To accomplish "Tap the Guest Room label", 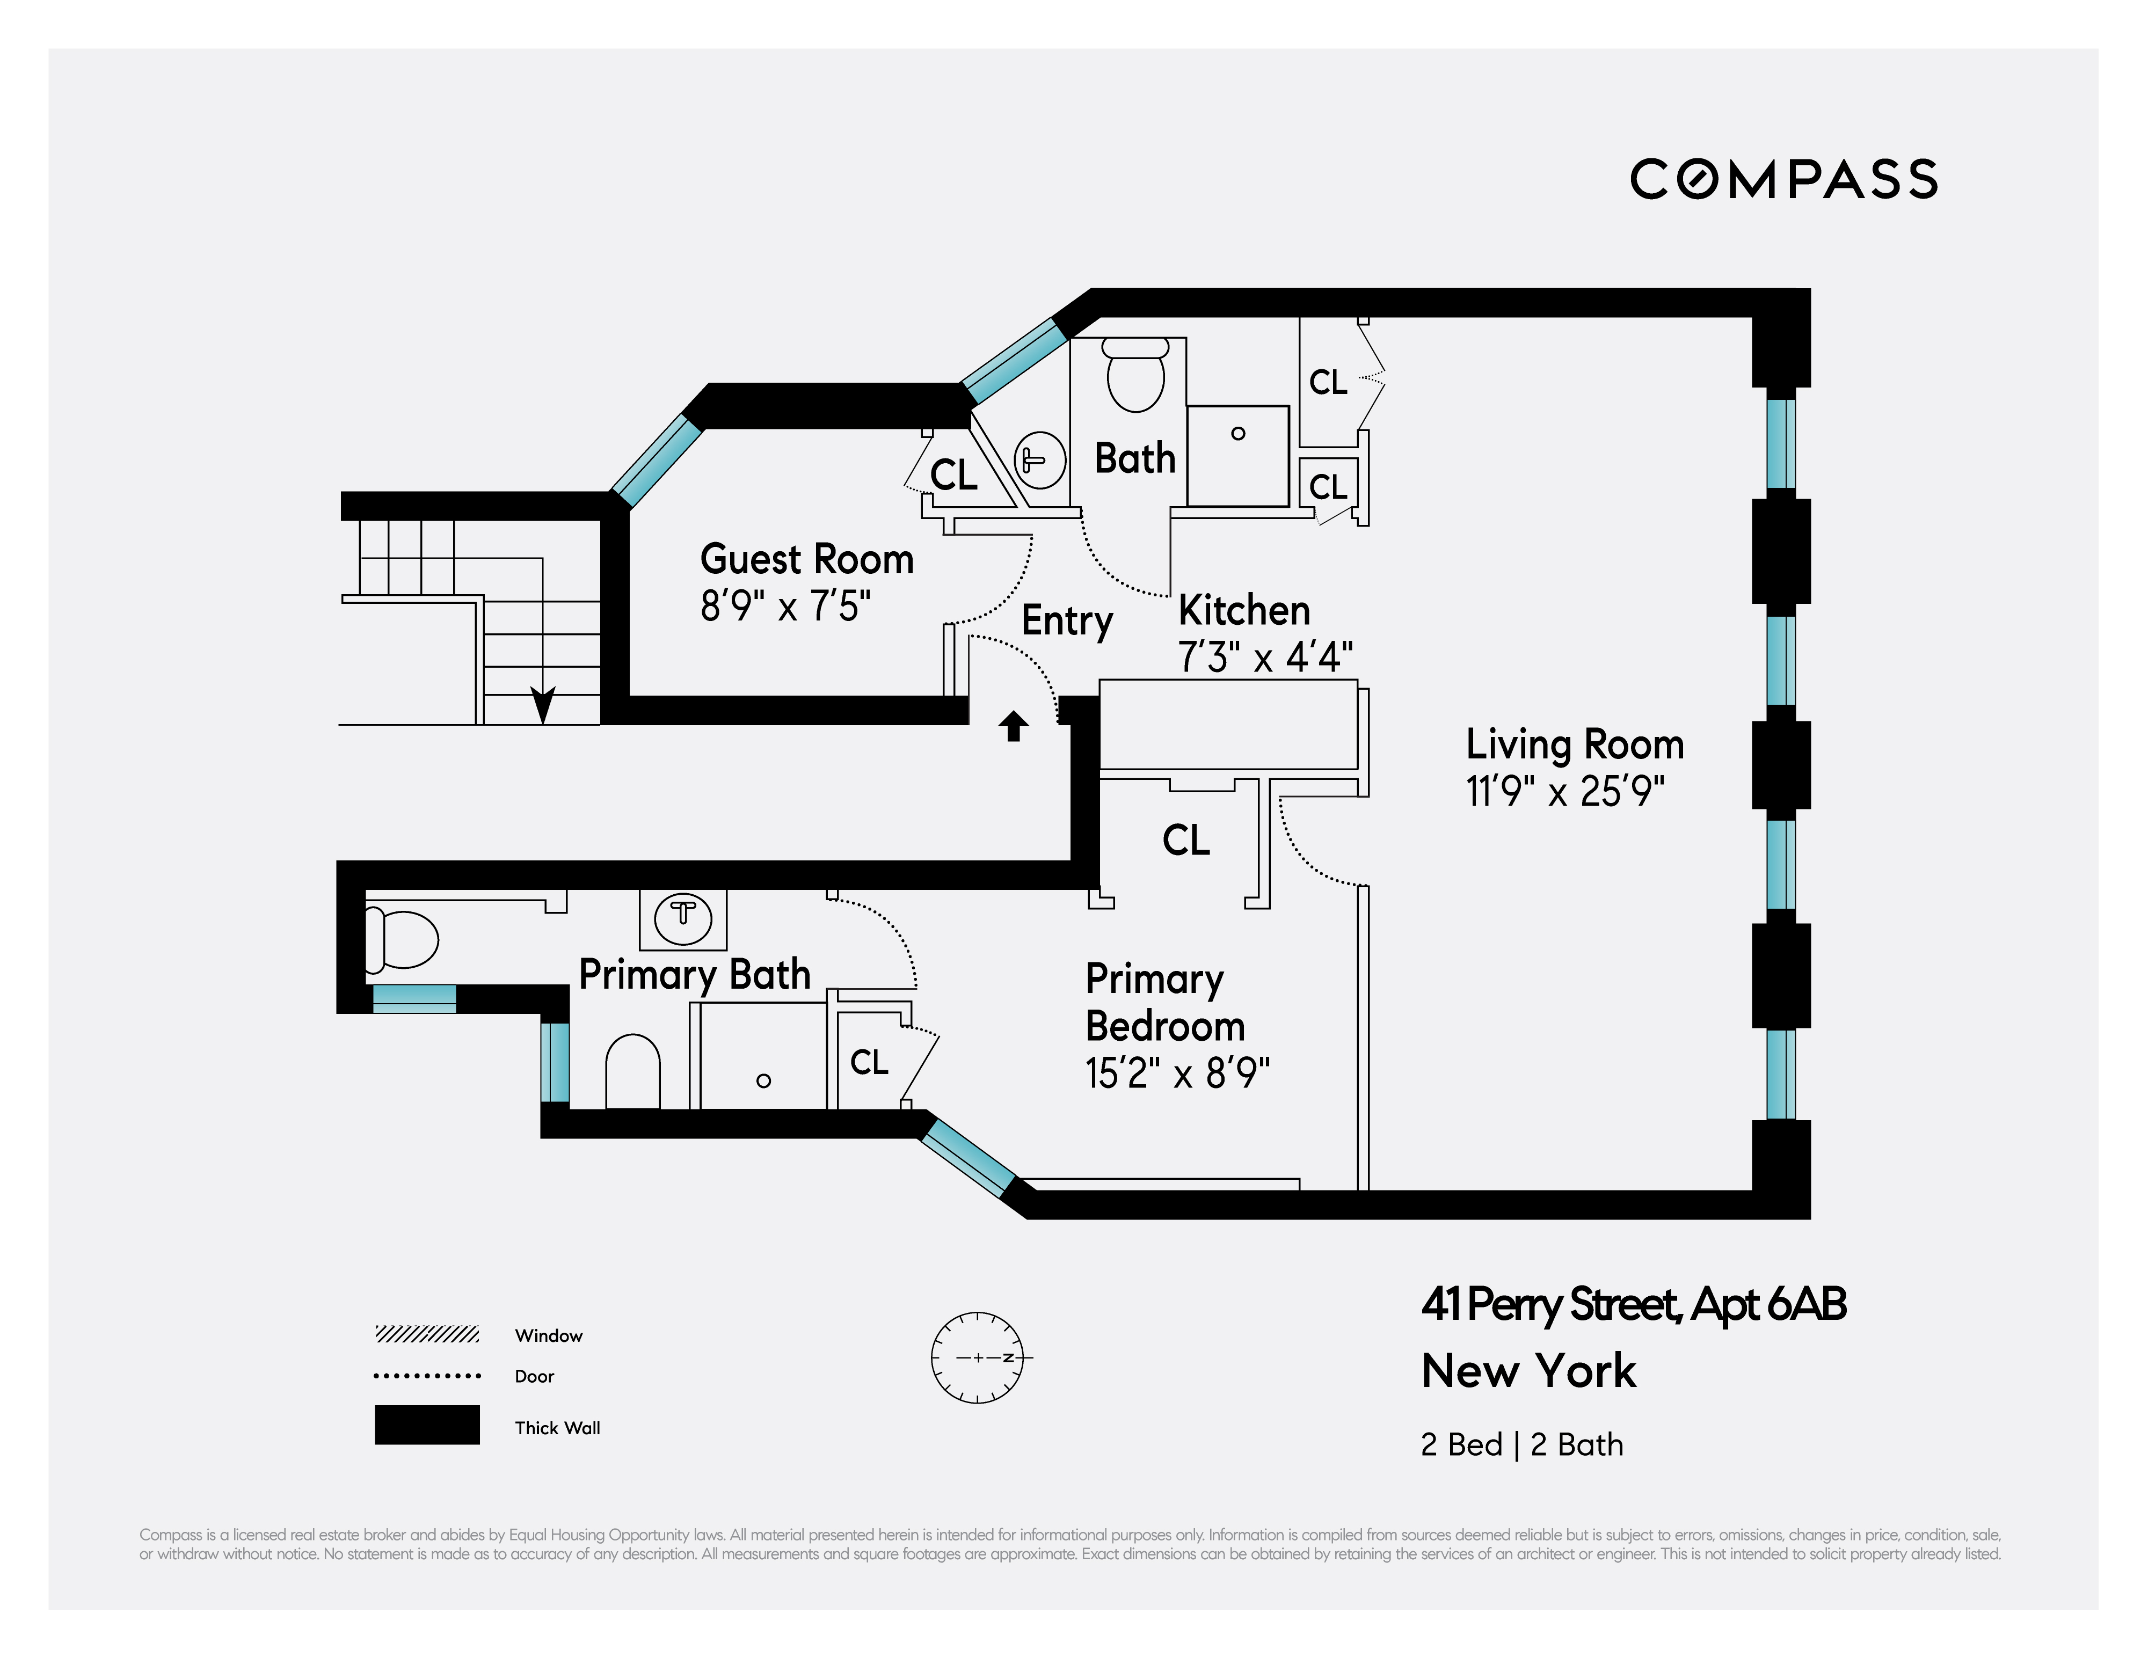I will pos(806,559).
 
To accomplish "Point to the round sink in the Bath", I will pos(1039,459).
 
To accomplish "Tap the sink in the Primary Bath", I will pos(682,917).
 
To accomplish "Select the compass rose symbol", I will pos(978,1357).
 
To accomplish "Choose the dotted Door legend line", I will pos(427,1376).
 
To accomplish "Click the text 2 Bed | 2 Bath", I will pos(1521,1444).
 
